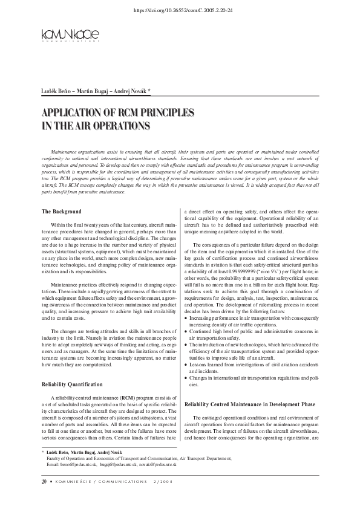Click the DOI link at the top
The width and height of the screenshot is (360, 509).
(180, 11)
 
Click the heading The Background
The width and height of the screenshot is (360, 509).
(61, 212)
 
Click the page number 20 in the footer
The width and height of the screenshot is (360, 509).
(44, 482)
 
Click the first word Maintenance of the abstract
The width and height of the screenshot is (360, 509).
(66, 149)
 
